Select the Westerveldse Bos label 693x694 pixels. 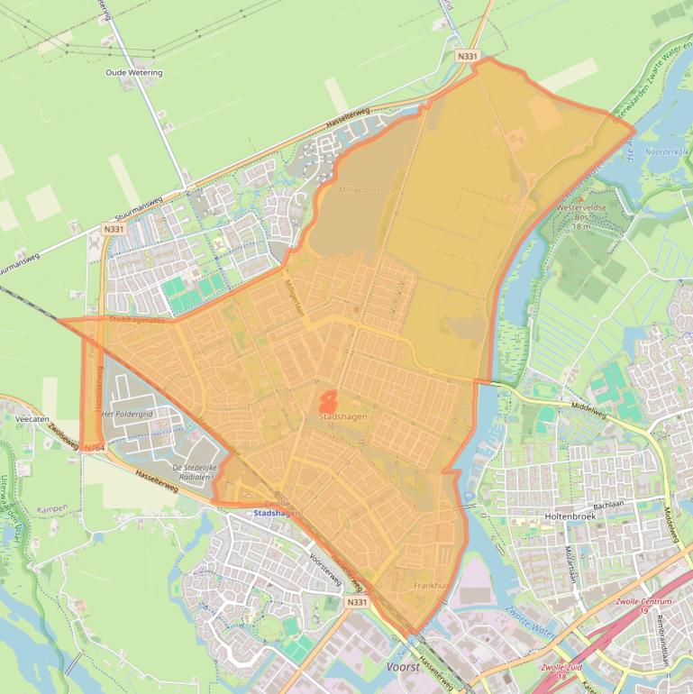pyautogui.click(x=579, y=212)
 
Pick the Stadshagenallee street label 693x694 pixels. pyautogui.click(x=133, y=320)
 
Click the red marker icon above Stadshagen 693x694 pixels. pyautogui.click(x=328, y=401)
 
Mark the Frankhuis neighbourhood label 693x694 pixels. pyautogui.click(x=431, y=585)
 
